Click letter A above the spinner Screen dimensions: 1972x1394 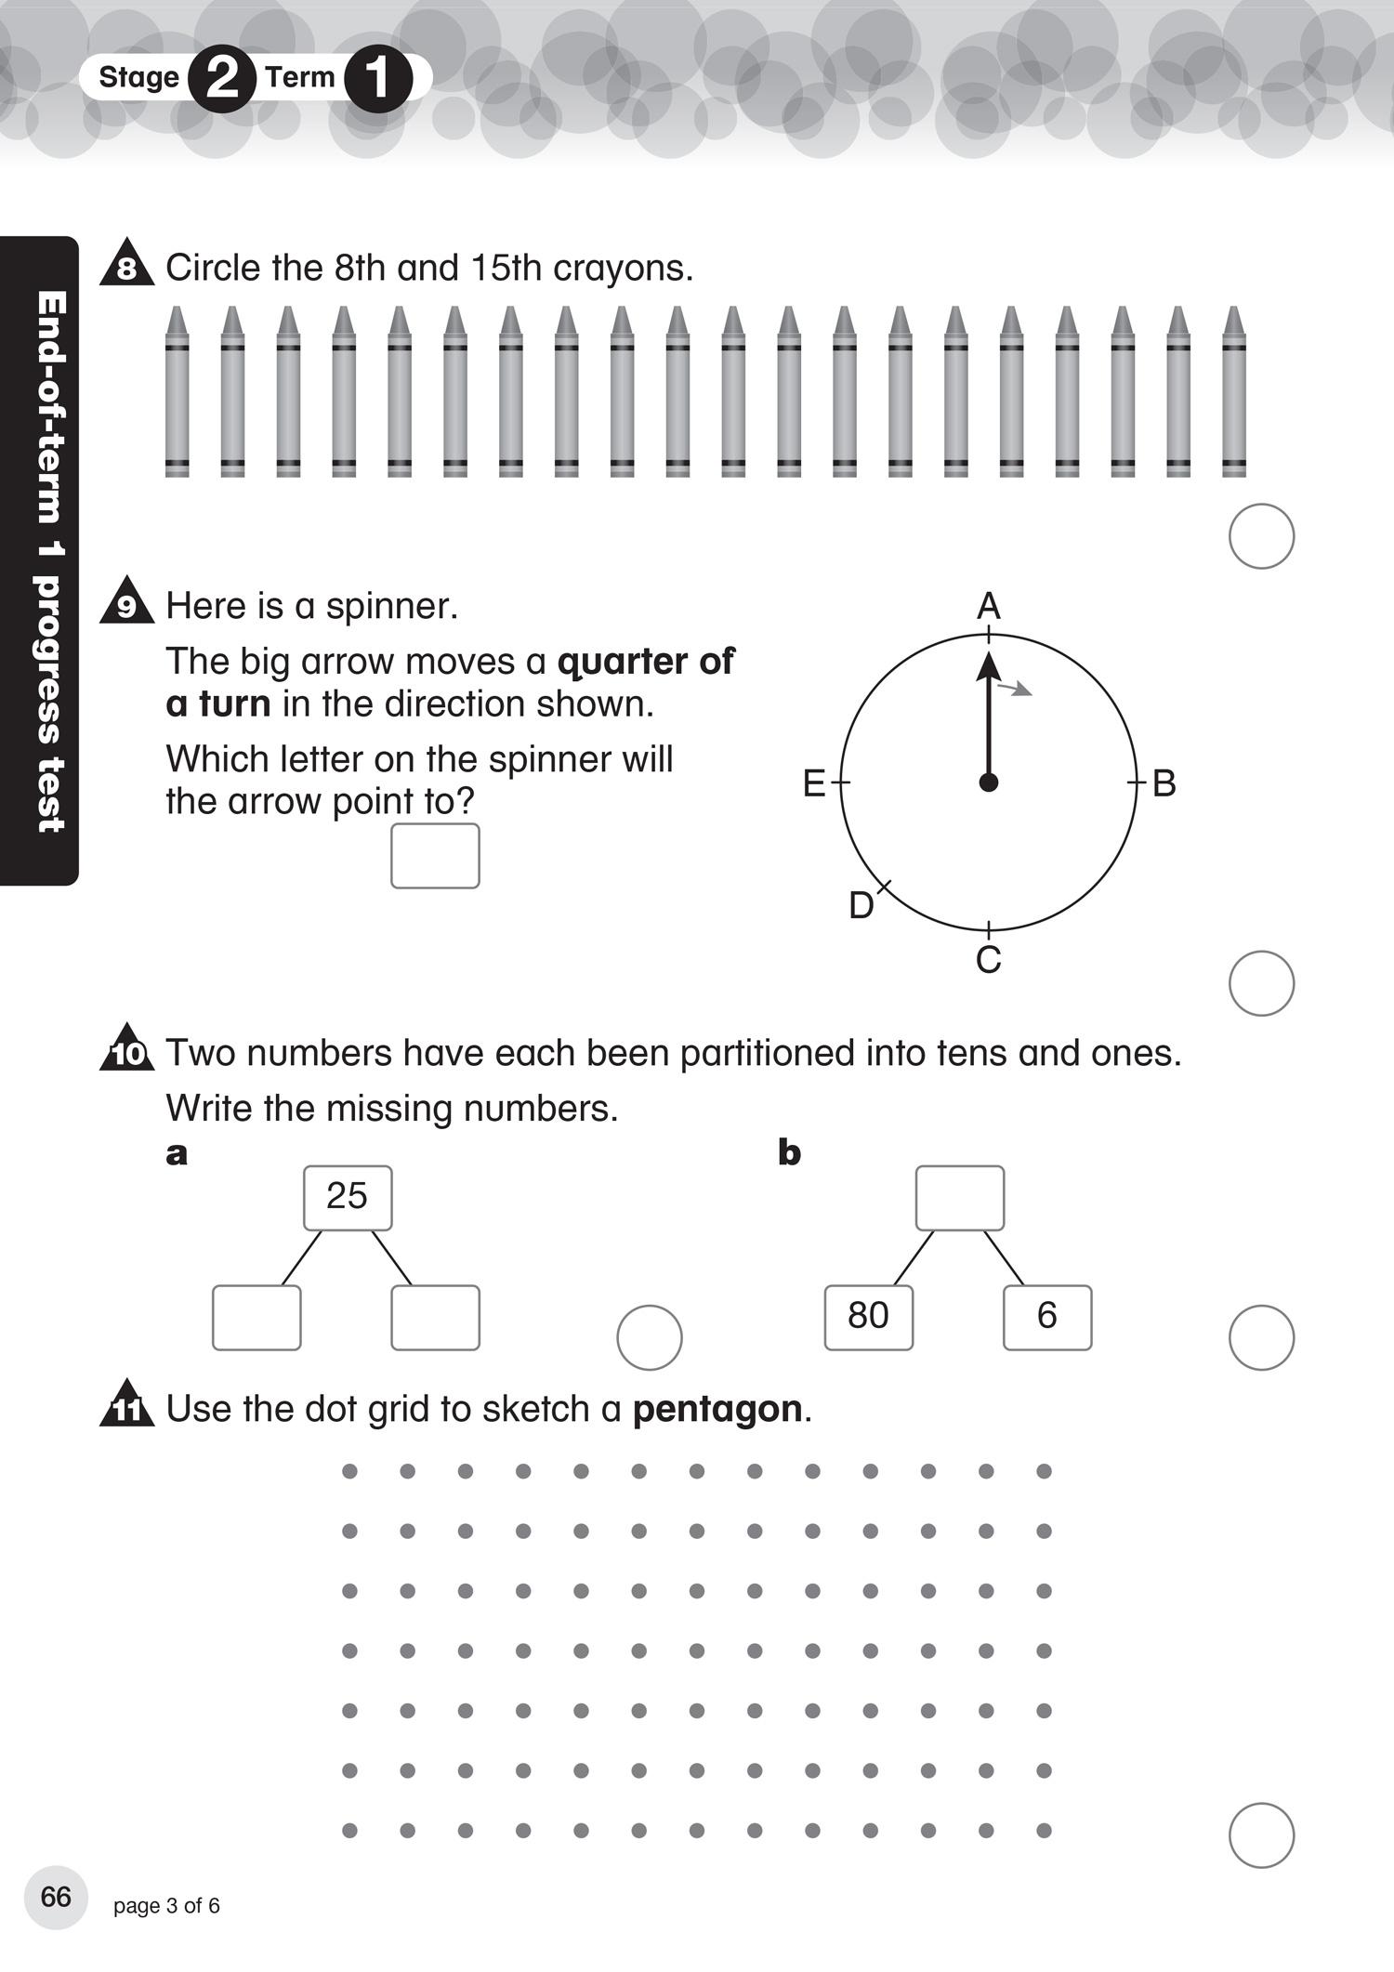(x=989, y=607)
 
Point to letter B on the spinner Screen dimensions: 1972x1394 (x=1164, y=783)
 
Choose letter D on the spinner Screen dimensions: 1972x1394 (x=861, y=905)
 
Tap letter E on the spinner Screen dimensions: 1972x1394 (x=814, y=784)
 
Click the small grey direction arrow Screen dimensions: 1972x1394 (x=1015, y=689)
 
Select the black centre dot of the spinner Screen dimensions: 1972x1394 (x=989, y=782)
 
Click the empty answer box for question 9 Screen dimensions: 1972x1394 (x=435, y=856)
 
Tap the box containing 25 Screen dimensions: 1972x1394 (x=348, y=1198)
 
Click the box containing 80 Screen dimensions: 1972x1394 (x=869, y=1317)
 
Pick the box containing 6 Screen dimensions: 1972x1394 (x=1047, y=1317)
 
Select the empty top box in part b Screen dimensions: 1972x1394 (x=960, y=1198)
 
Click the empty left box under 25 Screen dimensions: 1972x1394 (x=256, y=1317)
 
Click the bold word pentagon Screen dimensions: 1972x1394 (x=717, y=1409)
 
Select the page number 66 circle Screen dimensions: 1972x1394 (x=56, y=1897)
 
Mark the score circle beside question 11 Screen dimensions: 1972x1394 (x=1261, y=1835)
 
